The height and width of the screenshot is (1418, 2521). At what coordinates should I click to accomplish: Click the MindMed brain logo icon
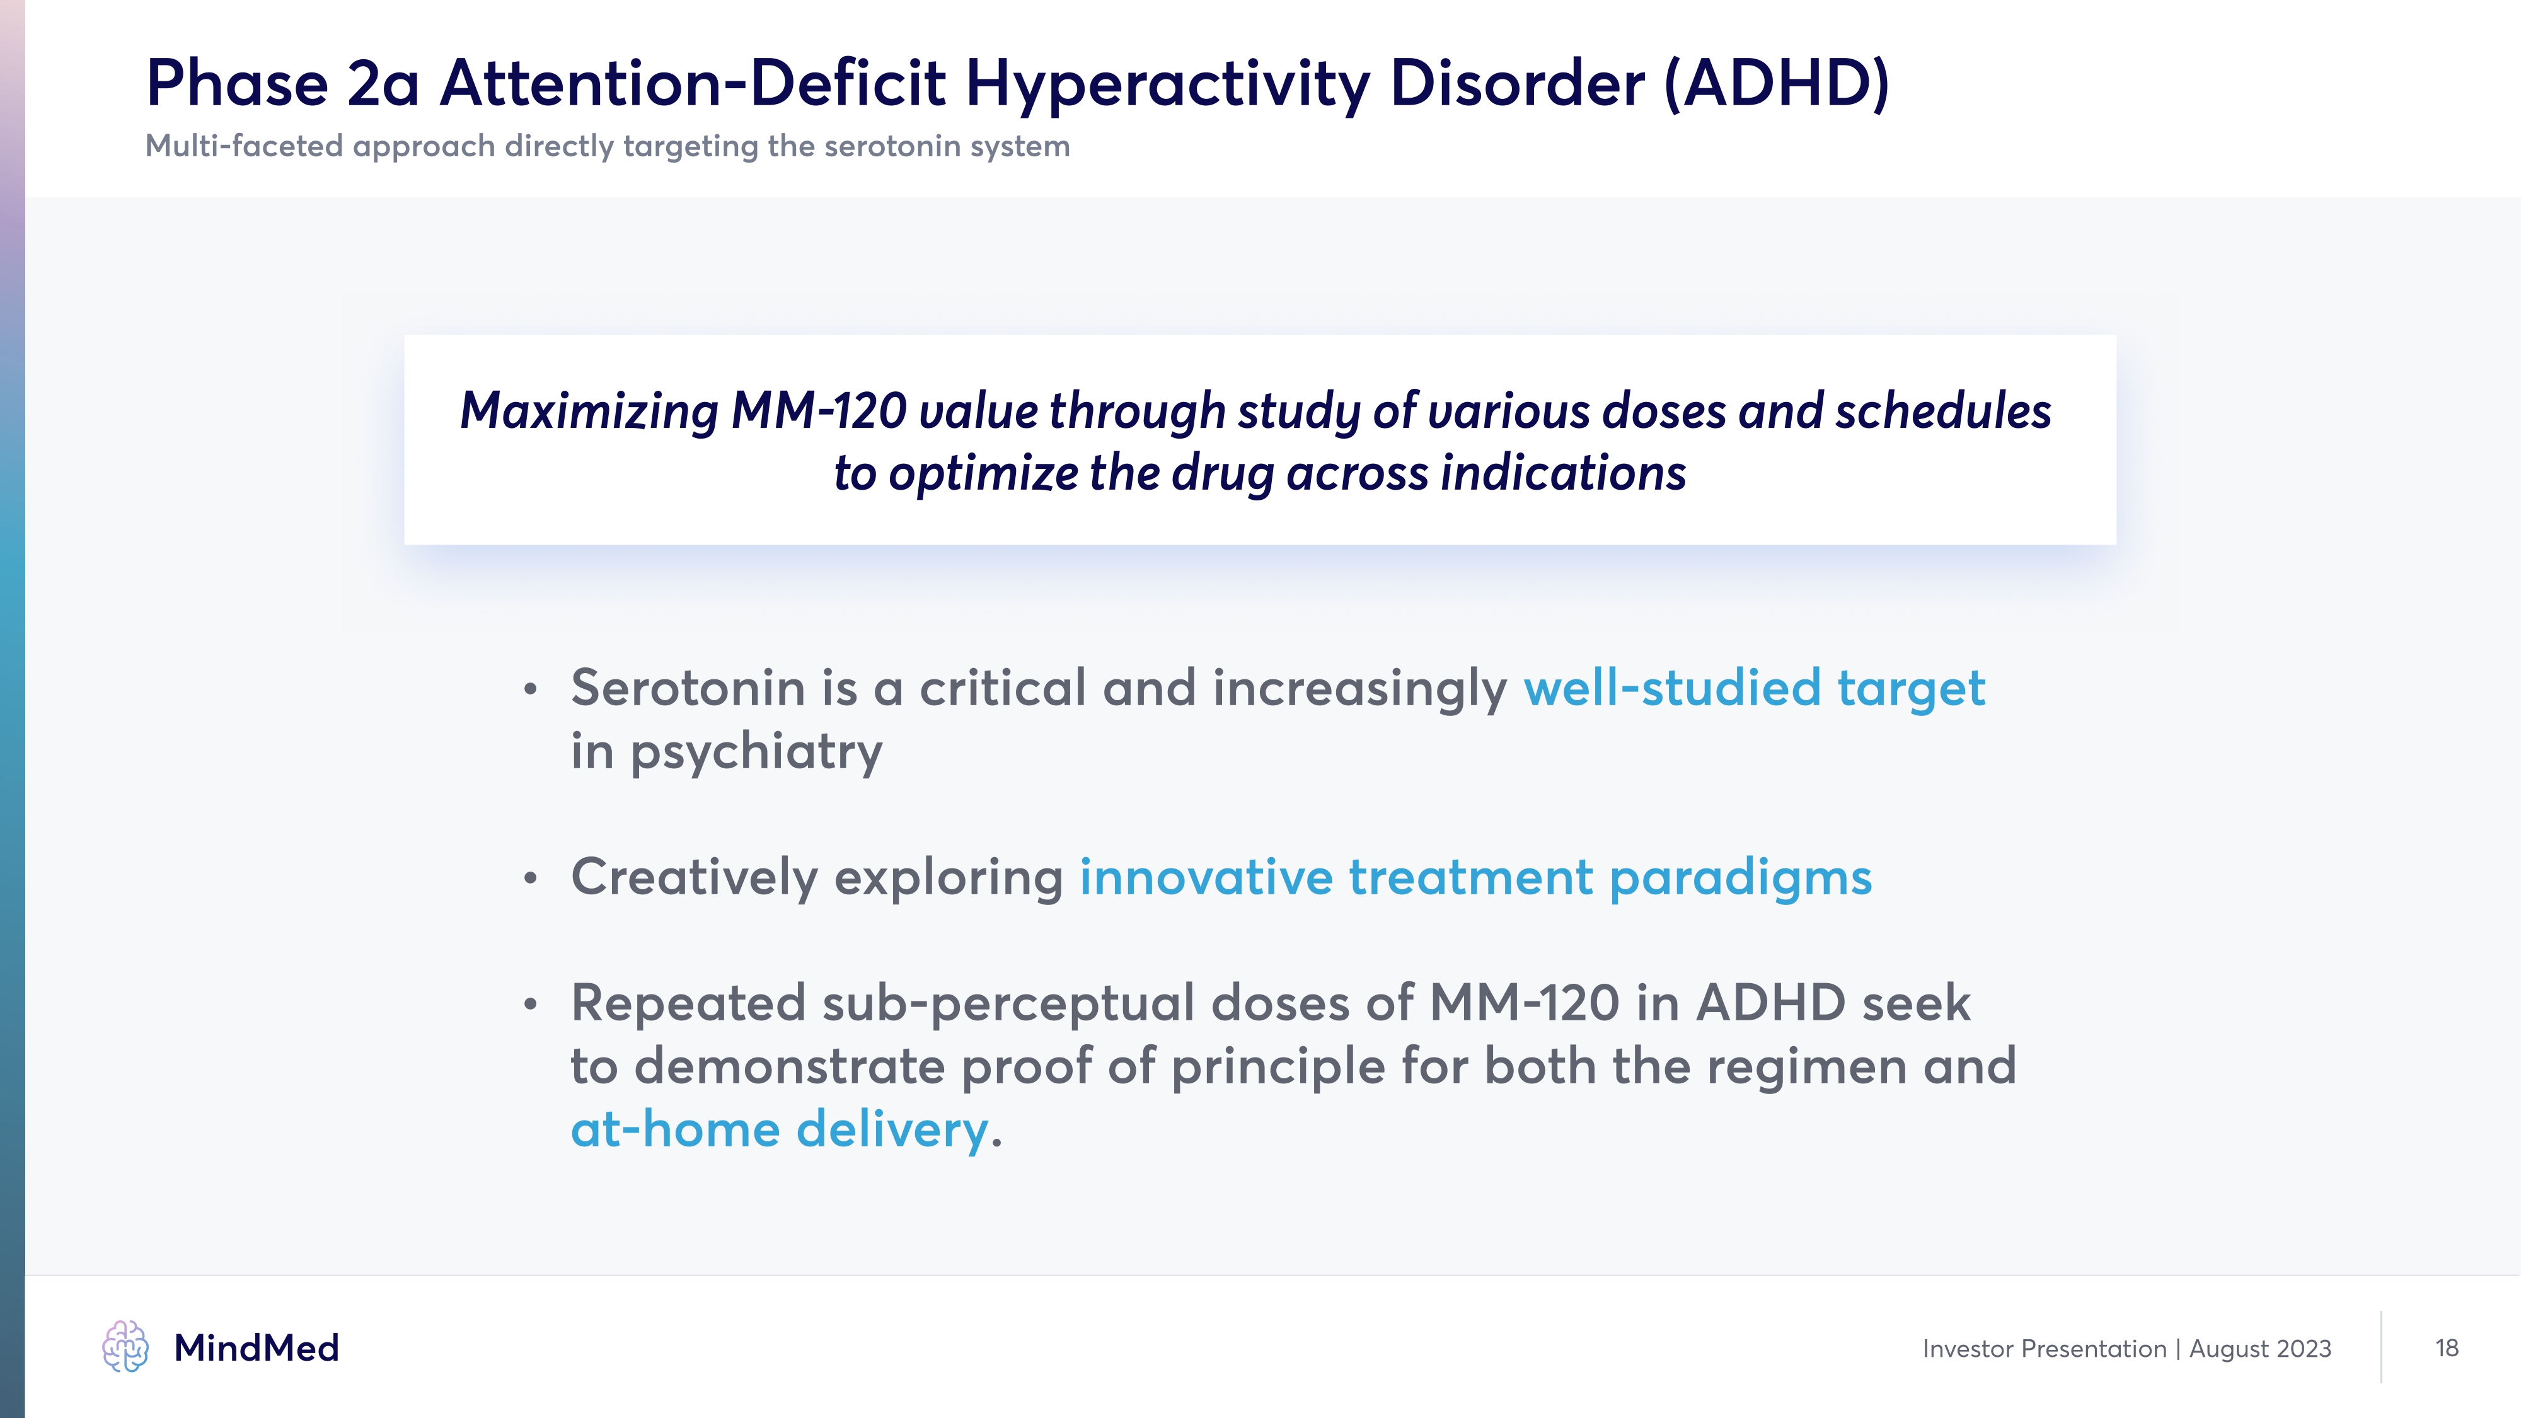(125, 1347)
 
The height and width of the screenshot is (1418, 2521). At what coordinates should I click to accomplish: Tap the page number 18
(2447, 1349)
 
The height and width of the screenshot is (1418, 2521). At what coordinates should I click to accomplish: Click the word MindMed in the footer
(257, 1349)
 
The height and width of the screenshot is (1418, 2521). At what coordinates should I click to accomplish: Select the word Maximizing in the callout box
(590, 411)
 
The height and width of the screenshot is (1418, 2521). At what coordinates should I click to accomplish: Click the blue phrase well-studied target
(1754, 689)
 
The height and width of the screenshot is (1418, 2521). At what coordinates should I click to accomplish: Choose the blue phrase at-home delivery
(780, 1130)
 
